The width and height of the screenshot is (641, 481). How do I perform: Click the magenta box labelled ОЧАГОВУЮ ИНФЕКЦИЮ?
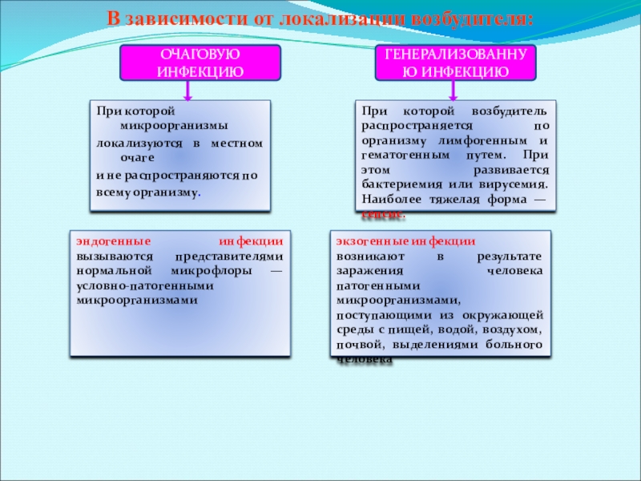coord(200,63)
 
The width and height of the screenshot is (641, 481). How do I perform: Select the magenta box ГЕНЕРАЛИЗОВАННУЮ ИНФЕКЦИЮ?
coord(456,63)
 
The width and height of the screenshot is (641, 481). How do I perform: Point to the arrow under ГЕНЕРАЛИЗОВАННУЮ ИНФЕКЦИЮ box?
coord(455,91)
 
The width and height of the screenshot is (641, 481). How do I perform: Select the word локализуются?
coord(132,143)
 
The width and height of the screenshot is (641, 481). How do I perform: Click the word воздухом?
coord(517,329)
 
